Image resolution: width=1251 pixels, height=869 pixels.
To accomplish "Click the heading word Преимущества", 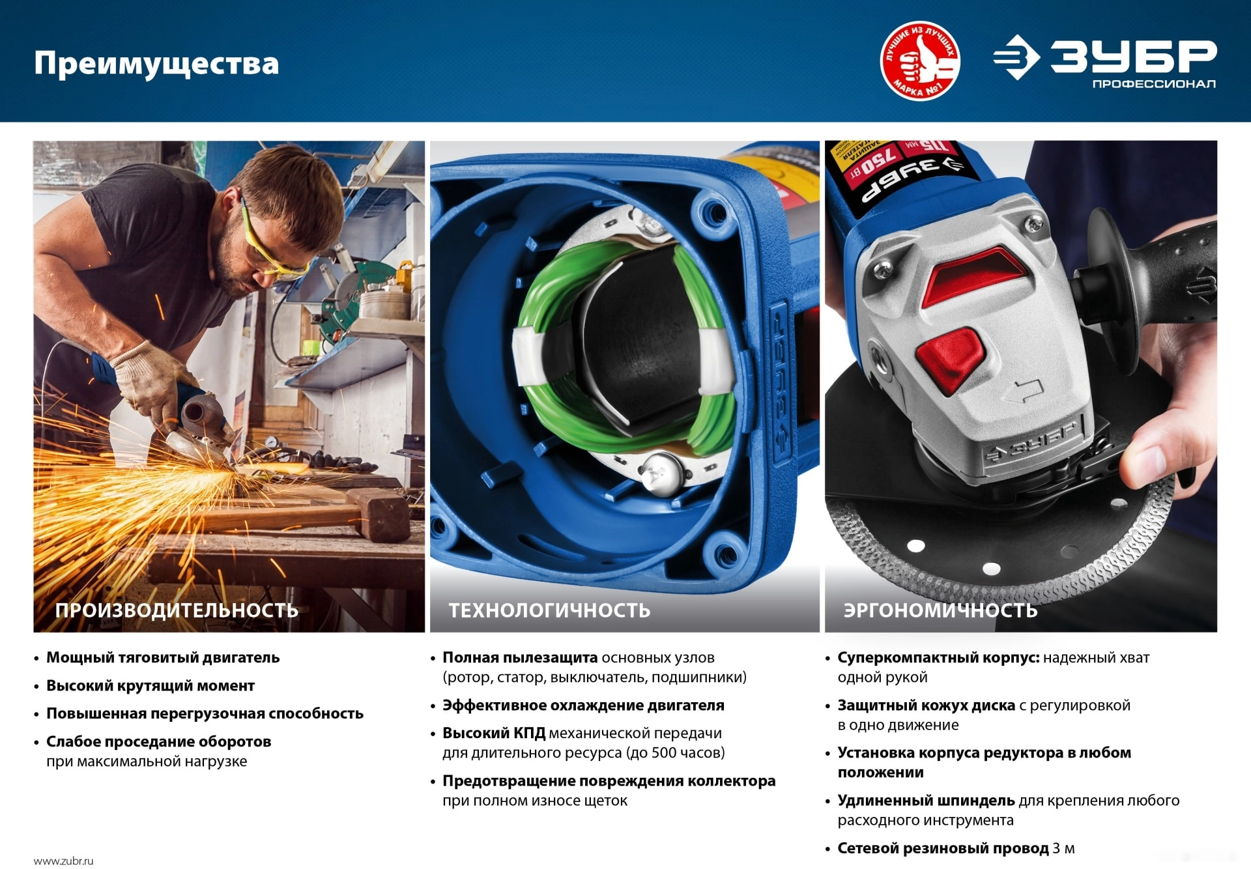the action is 156,64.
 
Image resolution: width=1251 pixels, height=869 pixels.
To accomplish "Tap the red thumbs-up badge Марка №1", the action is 920,61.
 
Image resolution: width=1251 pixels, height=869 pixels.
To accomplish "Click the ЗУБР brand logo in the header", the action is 1104,57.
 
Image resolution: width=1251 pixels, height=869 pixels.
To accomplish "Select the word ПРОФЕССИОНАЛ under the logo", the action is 1154,84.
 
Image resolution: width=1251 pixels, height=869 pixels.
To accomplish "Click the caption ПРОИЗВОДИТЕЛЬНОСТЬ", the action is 177,610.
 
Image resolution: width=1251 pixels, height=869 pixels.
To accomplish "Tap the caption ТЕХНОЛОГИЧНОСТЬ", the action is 549,610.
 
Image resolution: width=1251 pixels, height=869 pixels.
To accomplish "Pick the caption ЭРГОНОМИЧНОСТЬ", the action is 940,610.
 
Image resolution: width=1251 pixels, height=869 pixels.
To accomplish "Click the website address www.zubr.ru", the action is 63,861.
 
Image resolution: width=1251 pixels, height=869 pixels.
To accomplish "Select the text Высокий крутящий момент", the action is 151,686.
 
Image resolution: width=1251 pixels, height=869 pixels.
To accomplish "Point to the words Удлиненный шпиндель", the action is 926,801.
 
